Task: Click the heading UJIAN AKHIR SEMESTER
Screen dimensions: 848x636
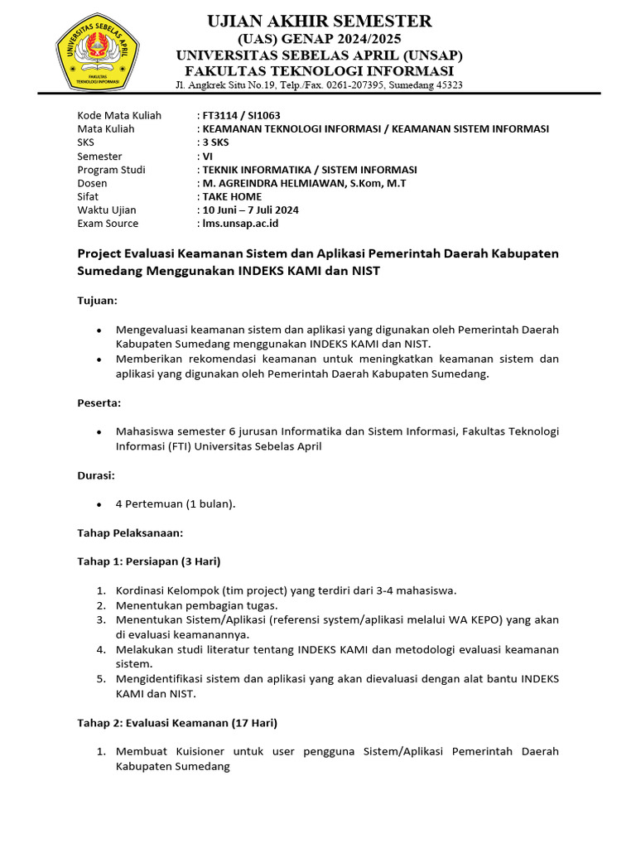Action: click(x=319, y=21)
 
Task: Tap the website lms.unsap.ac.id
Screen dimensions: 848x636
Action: click(x=240, y=223)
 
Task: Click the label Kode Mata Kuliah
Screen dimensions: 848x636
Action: click(x=119, y=115)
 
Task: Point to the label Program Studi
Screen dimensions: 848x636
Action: click(x=111, y=170)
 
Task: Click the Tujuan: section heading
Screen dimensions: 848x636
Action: click(x=98, y=300)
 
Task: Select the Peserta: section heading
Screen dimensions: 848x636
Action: click(x=99, y=402)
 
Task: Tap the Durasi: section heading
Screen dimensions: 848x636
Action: click(x=96, y=475)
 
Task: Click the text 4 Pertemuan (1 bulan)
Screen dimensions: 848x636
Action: click(x=176, y=503)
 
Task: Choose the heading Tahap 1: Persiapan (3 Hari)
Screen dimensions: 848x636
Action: click(x=148, y=561)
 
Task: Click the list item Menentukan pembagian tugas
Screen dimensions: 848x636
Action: click(x=186, y=605)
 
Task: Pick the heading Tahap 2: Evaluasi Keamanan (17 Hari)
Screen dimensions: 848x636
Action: click(x=177, y=722)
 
